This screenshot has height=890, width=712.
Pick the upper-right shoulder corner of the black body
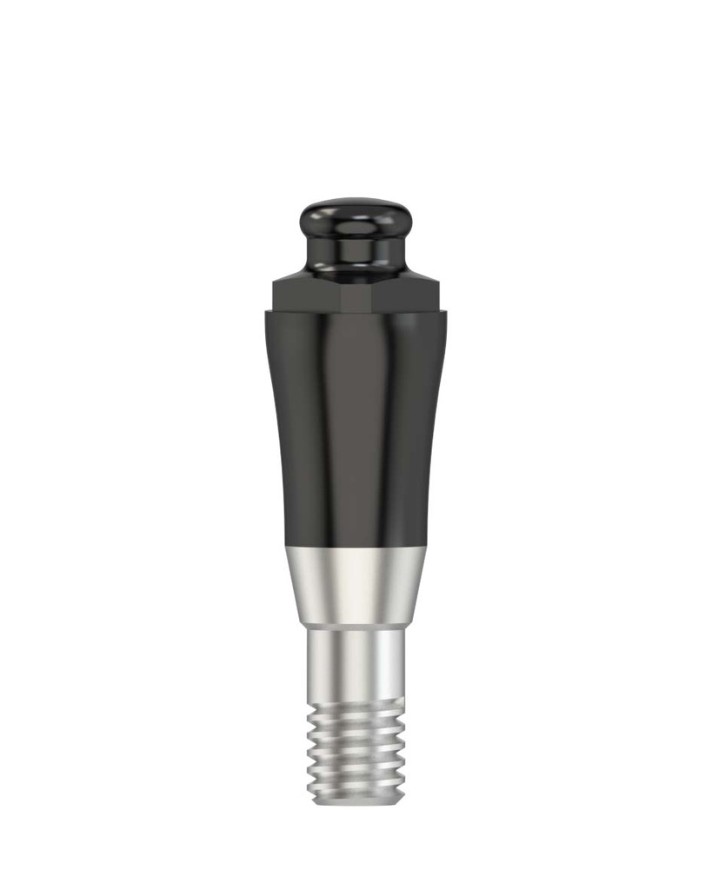click(445, 313)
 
